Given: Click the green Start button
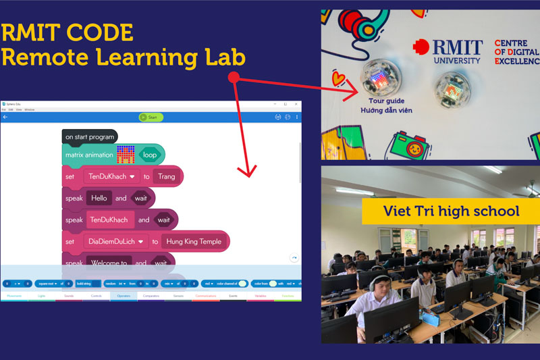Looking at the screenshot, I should point(151,118).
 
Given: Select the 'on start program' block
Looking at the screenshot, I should point(89,137).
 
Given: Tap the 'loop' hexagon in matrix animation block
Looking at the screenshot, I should point(149,155).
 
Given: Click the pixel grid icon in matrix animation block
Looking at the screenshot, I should point(126,155).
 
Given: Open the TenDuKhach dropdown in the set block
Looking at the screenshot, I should point(111,176).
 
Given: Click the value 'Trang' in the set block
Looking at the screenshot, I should point(166,176).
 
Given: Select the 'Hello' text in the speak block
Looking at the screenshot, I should point(99,199).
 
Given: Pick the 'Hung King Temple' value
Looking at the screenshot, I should point(193,241).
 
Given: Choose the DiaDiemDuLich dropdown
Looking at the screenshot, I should point(116,241).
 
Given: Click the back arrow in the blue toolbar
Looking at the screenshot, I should point(5,118).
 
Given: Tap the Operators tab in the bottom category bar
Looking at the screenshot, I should point(124,296).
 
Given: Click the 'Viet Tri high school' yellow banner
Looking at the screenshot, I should point(451,211).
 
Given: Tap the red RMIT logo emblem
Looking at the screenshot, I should point(421,47).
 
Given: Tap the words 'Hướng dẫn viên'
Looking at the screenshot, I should point(386,110).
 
